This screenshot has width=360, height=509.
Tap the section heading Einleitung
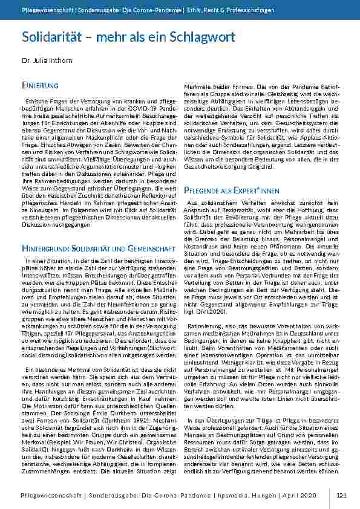click(x=40, y=86)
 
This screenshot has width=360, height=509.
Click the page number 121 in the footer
click(x=341, y=495)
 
